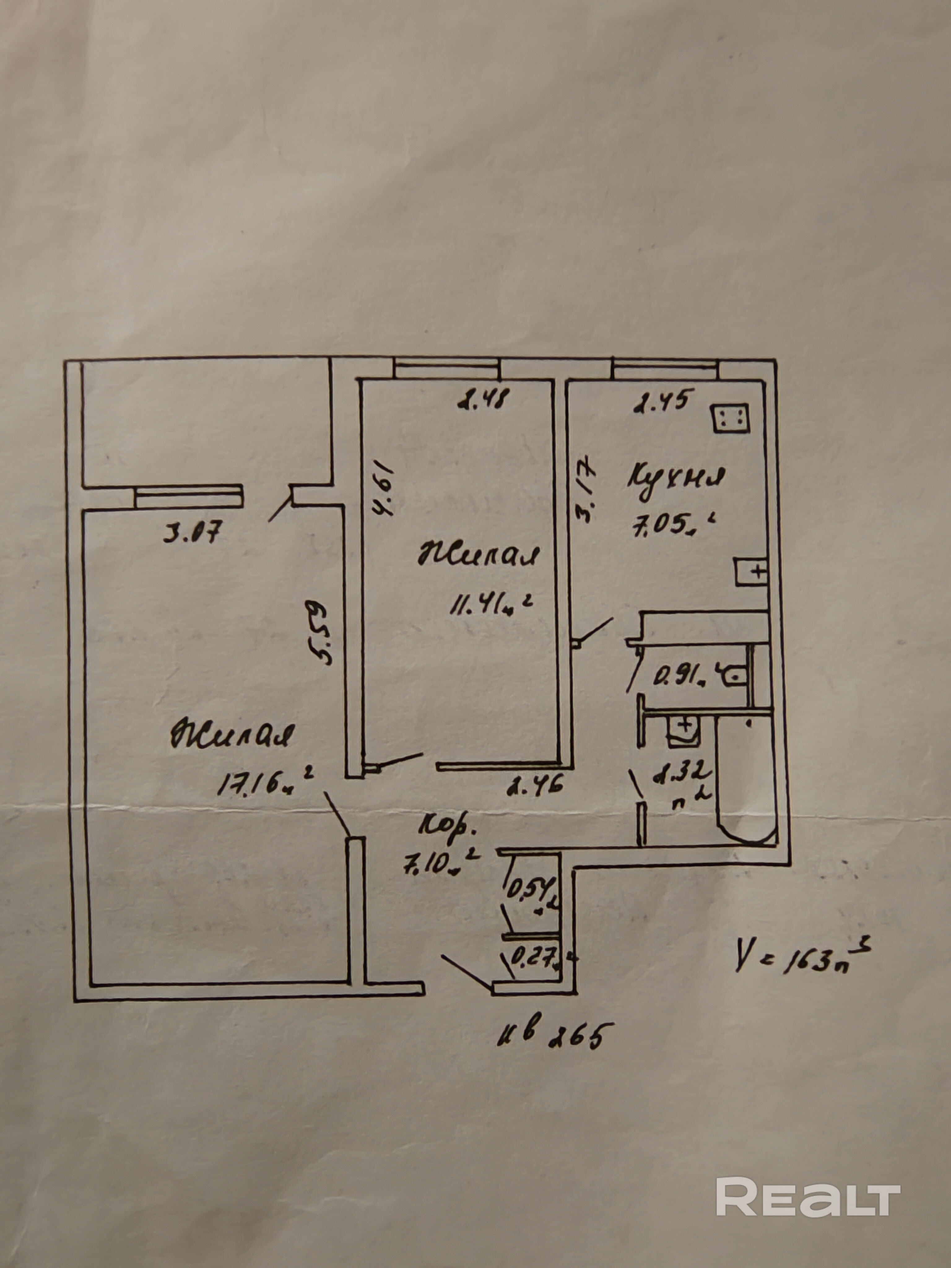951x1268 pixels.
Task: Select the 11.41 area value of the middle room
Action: tap(492, 605)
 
